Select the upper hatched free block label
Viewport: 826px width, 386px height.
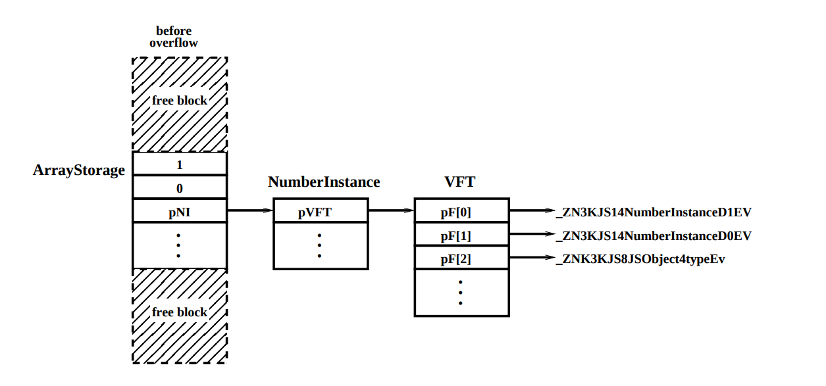[x=179, y=101]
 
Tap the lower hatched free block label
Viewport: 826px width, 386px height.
[x=179, y=312]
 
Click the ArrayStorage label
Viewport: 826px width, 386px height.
[x=79, y=170]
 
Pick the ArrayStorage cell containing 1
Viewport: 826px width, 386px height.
[x=179, y=164]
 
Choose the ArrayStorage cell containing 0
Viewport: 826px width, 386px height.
[x=179, y=188]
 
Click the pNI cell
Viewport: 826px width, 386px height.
[x=179, y=212]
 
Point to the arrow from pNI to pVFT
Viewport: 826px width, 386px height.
[x=249, y=211]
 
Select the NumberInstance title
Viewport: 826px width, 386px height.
[x=324, y=182]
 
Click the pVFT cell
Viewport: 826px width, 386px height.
[x=320, y=212]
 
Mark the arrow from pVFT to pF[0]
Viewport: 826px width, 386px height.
[x=390, y=211]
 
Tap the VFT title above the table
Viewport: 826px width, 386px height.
[x=460, y=182]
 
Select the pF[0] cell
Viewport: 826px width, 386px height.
[x=461, y=212]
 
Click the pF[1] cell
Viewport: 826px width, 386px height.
[x=461, y=235]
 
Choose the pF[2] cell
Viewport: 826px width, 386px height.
[x=461, y=259]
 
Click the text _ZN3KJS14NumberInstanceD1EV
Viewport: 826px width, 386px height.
[x=654, y=212]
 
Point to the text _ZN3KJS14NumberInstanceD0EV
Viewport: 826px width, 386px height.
[x=654, y=235]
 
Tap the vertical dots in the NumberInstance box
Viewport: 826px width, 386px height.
[x=320, y=245]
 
